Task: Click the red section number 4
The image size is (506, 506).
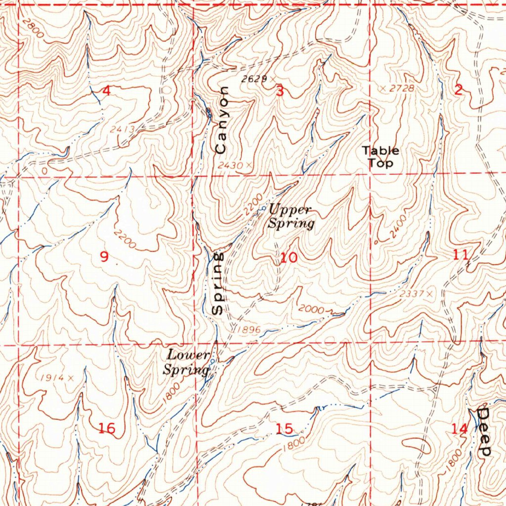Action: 106,90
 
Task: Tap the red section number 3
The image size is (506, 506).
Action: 280,91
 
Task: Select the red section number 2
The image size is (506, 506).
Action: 459,90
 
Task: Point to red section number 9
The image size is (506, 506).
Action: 104,256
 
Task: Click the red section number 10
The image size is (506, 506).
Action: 289,257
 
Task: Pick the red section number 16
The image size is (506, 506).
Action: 107,428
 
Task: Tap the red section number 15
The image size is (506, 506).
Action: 285,429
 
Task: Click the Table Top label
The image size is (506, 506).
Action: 380,157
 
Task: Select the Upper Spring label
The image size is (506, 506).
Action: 291,216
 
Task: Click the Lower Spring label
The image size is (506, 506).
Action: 187,362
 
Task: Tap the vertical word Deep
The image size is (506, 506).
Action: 484,431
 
